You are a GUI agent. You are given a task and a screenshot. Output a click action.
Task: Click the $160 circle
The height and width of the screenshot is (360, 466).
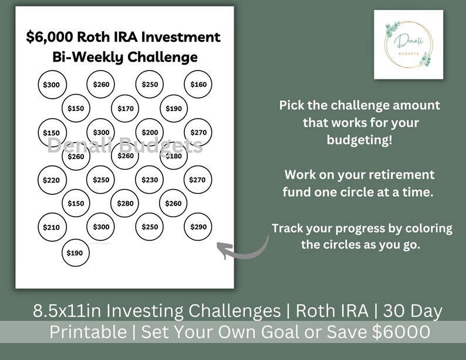pos(198,85)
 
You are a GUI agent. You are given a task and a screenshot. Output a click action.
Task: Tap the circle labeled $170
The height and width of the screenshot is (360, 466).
pos(125,109)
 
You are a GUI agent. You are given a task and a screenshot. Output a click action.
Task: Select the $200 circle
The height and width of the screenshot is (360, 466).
pos(150,133)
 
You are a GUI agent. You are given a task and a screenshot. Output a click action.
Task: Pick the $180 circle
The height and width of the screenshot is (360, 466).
pos(174,156)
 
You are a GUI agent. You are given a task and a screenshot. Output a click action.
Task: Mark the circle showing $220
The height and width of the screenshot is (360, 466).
pos(52,180)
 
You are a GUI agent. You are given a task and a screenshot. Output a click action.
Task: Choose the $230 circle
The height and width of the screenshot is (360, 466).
pos(150,180)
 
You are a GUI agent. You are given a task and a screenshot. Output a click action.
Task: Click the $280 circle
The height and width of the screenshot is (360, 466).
pos(125,203)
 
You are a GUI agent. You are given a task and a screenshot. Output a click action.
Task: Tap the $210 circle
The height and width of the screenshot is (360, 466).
pos(52,227)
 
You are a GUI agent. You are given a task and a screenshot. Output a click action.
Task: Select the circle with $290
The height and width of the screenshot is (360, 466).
pos(198,227)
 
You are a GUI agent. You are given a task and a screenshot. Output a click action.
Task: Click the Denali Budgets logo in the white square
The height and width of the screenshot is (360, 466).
pos(408,45)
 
